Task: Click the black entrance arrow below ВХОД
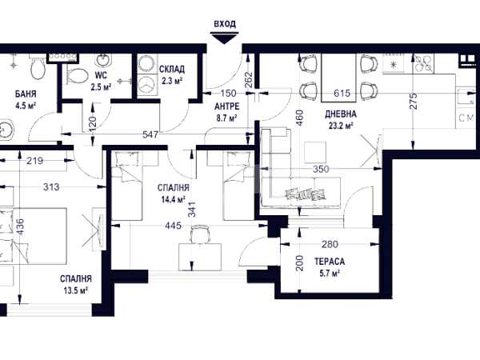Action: (x=225, y=38)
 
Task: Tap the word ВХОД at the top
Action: (x=225, y=24)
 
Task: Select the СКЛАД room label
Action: (x=172, y=69)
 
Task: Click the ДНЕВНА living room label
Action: (x=341, y=114)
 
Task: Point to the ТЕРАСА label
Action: (x=330, y=262)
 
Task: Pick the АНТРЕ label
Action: (x=227, y=106)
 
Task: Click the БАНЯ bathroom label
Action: (x=26, y=94)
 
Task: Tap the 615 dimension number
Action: (x=342, y=93)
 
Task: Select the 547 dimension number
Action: (x=150, y=134)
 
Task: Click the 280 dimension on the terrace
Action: (x=330, y=244)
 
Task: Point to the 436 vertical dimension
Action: (x=19, y=227)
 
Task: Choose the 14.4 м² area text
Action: (x=174, y=200)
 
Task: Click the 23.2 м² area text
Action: (x=341, y=126)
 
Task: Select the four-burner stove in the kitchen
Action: (x=423, y=64)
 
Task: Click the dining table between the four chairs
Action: (x=338, y=78)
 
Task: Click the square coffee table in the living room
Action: (x=315, y=152)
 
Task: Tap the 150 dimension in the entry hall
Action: (x=228, y=93)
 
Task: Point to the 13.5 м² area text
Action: (x=76, y=290)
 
